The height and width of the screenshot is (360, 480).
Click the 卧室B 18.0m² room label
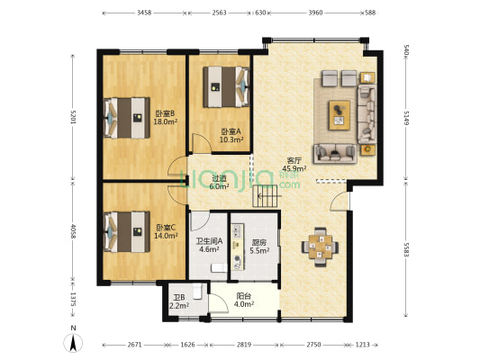coord(166,117)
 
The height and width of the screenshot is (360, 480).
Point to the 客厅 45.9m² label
coord(294,163)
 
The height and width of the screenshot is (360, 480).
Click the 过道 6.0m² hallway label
coord(219,183)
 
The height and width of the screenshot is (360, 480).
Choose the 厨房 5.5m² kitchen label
coord(258,246)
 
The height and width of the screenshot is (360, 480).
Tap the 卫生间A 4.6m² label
coord(209,246)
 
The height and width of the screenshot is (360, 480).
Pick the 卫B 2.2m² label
coord(177,301)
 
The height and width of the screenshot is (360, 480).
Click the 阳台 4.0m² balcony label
coord(244,300)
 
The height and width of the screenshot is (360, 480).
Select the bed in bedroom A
coord(225,86)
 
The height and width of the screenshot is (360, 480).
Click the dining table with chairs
coord(321,245)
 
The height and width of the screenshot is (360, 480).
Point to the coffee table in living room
coord(340,111)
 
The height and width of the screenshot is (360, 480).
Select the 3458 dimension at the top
coord(144,13)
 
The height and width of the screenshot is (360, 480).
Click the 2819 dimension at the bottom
coord(244,346)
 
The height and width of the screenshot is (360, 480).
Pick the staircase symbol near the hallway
coord(267,193)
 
